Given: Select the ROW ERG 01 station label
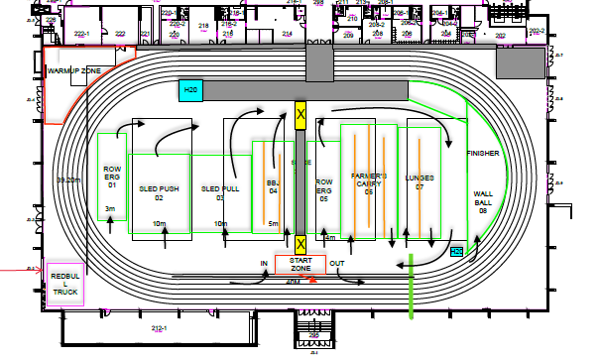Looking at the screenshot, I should click(112, 177).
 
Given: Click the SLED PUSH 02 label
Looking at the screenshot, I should click(159, 192).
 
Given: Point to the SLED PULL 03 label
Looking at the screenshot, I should click(220, 192).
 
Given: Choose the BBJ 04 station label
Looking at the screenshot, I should click(273, 187).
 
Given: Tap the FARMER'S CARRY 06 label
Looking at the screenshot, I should click(367, 184).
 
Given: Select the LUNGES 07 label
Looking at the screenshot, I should click(421, 180).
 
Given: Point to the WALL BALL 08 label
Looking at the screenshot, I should click(484, 201).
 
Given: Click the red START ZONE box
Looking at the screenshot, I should click(300, 264).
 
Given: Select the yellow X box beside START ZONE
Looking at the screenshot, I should click(300, 243).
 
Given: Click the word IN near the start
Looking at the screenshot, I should click(264, 263).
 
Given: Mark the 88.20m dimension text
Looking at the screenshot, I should click(67, 180).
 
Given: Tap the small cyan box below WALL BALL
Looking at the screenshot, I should click(456, 252).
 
